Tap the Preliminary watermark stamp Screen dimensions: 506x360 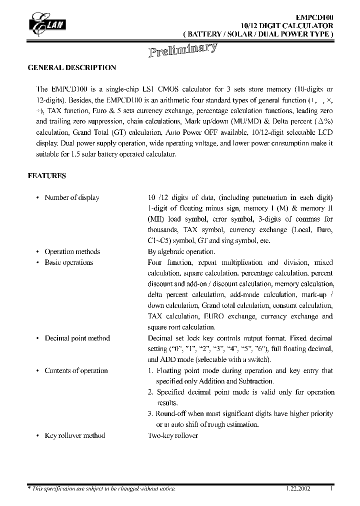point(183,50)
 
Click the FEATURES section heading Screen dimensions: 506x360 point(46,176)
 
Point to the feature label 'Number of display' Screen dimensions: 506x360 point(71,197)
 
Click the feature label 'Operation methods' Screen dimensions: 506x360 point(72,251)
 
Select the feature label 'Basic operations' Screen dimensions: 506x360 point(68,262)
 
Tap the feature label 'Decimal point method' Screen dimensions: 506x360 point(77,338)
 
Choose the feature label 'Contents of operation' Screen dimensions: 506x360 point(76,370)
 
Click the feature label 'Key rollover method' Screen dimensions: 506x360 point(74,435)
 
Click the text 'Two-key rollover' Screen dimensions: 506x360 point(172,435)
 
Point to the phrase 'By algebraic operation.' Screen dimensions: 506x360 point(181,251)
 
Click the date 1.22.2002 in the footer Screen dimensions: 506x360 point(298,488)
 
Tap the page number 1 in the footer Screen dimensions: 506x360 point(331,488)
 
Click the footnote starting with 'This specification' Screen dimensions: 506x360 point(103,488)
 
